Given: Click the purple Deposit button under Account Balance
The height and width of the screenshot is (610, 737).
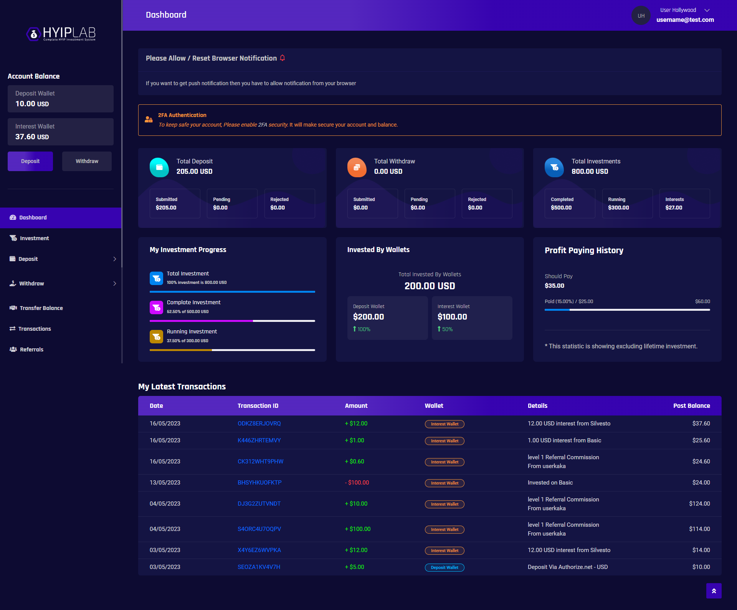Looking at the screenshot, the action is click(30, 161).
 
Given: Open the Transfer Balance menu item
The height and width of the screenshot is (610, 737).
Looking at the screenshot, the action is click(36, 308).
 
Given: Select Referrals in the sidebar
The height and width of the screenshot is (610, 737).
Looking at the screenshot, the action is click(26, 350).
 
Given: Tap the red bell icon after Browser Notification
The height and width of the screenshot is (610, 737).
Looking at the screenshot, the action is click(283, 58).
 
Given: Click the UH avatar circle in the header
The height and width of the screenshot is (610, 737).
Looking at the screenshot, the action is click(641, 16).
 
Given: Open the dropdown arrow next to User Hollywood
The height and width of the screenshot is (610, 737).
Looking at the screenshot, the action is click(707, 10).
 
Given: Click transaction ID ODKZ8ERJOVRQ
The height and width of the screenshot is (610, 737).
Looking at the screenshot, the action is click(259, 424).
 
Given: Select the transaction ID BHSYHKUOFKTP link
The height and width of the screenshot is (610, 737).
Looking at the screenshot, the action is click(259, 483).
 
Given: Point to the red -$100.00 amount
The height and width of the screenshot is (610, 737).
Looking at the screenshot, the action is click(357, 483).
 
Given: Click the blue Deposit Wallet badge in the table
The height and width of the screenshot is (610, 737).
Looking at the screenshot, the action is click(445, 567).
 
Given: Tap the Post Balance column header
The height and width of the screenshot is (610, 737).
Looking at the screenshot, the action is click(692, 406).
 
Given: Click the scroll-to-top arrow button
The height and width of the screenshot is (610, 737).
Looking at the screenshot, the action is click(714, 591).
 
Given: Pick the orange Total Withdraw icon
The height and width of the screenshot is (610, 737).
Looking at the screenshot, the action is click(357, 167).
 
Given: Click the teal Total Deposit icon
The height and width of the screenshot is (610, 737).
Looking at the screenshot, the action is click(159, 167).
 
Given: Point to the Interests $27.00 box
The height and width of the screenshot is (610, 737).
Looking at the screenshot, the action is click(685, 203).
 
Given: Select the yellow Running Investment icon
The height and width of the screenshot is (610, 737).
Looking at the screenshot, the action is click(156, 337).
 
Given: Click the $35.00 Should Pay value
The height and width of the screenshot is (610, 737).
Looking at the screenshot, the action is click(555, 286).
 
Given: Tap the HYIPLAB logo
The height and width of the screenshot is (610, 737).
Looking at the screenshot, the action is click(61, 34).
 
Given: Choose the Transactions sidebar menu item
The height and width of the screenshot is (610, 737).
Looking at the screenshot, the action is click(30, 329).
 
